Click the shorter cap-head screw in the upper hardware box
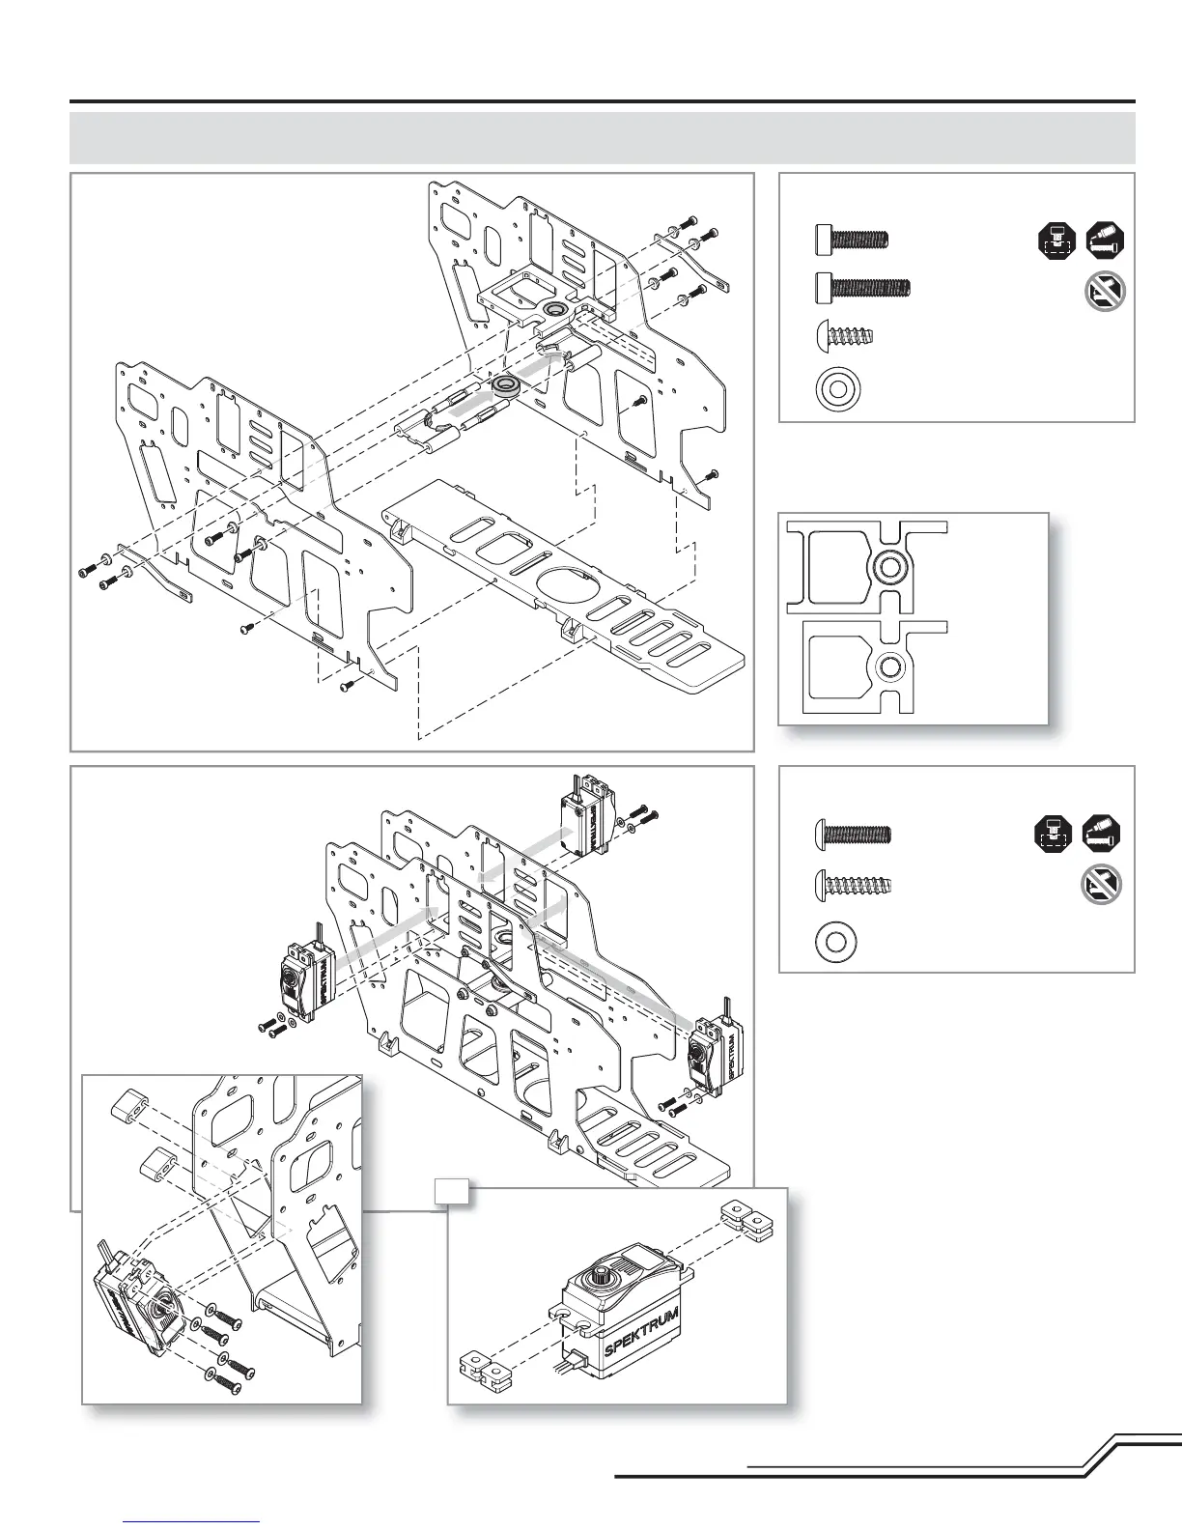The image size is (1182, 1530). coord(850,238)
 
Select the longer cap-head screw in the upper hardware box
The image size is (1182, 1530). coord(861,287)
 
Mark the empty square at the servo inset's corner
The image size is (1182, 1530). coord(452,1192)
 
